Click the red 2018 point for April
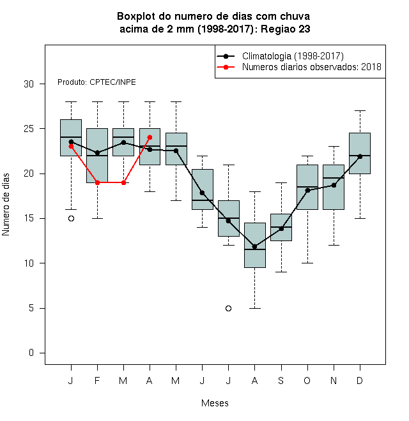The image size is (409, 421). coord(150,138)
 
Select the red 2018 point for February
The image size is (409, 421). coord(97,182)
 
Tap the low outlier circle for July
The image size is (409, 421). coord(228,308)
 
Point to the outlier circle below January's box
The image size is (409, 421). coord(72,219)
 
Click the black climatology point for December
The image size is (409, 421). coord(360,156)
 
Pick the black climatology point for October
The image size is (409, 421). coord(307,190)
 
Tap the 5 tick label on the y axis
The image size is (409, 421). coord(31,308)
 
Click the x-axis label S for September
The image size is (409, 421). coord(281,380)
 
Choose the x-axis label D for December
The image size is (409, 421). coord(360,380)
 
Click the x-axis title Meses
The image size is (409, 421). coord(215,403)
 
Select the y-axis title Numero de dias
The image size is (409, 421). coord(6,205)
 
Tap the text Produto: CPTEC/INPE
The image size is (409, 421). coord(96,82)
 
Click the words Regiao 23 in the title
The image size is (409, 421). coord(286,29)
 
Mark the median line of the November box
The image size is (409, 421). coord(334,178)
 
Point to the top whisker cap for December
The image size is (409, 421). coord(360,110)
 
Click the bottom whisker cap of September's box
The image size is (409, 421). coord(281,272)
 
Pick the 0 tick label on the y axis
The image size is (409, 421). coord(31,353)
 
